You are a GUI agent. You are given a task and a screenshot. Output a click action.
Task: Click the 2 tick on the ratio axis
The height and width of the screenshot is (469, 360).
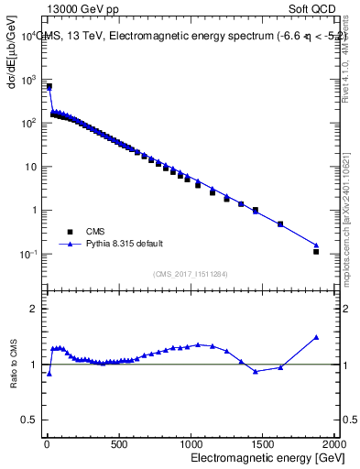coord(33,309)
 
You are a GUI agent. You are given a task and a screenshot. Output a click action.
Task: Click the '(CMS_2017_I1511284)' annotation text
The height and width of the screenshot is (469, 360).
coord(190,273)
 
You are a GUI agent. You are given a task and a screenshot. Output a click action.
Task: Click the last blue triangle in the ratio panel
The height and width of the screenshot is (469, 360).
coord(316,337)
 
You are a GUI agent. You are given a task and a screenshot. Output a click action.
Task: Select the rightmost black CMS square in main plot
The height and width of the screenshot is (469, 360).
coord(316,251)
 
